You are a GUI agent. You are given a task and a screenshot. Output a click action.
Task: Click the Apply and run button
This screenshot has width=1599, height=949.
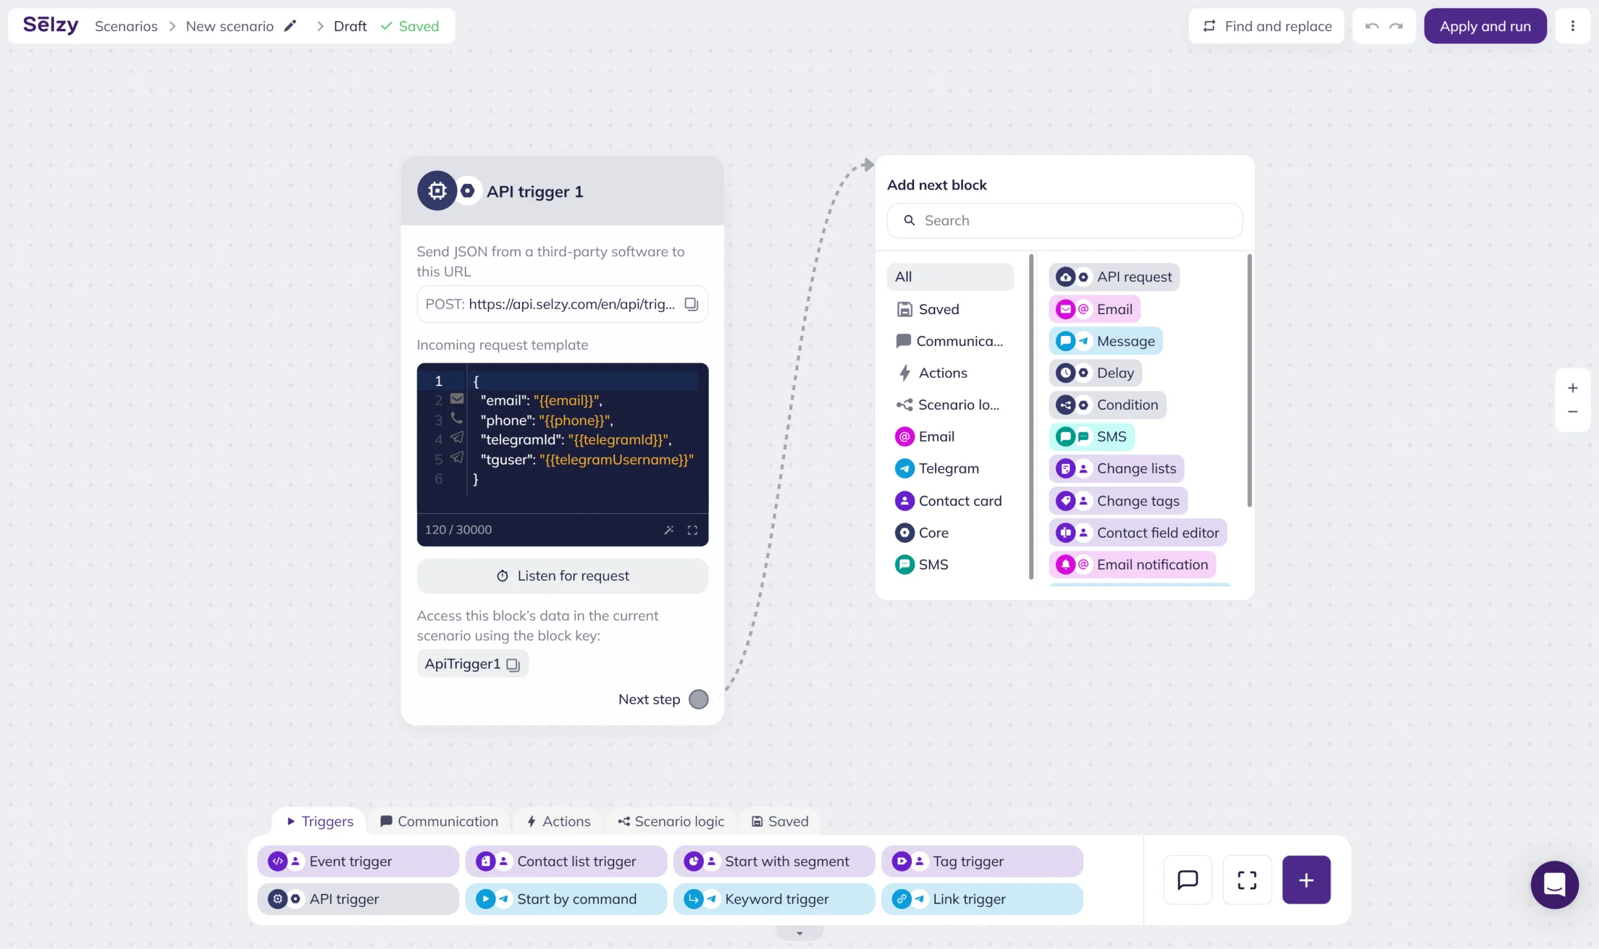click(1485, 26)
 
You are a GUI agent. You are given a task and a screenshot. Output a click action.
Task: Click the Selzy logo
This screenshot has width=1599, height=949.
click(51, 25)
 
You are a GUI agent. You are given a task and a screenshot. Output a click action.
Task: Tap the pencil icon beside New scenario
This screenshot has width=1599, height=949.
click(290, 26)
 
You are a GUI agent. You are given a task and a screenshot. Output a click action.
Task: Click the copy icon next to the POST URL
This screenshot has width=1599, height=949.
click(692, 304)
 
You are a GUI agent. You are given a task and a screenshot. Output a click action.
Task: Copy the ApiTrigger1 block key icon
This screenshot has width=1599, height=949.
click(513, 665)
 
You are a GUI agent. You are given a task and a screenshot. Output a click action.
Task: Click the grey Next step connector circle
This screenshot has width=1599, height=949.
click(699, 699)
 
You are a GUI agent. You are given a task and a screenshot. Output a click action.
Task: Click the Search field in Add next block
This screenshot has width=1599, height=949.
click(1065, 221)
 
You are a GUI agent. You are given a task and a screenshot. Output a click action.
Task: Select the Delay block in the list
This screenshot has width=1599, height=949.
click(1096, 373)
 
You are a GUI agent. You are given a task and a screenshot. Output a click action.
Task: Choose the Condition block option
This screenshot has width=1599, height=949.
click(1107, 405)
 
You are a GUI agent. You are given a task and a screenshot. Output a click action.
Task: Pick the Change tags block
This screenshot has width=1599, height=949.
click(1118, 501)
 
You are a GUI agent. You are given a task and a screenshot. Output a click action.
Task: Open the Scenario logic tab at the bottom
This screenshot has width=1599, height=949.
click(671, 821)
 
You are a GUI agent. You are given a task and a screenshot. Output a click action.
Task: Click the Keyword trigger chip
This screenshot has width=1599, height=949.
click(773, 899)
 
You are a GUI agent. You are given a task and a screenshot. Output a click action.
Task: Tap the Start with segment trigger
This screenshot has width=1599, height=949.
click(773, 861)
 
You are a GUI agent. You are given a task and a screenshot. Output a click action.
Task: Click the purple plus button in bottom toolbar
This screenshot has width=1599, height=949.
click(1306, 880)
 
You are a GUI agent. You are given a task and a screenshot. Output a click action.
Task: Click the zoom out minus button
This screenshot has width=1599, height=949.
click(1573, 412)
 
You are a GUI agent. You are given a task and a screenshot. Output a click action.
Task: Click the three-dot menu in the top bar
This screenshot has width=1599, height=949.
click(1573, 26)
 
